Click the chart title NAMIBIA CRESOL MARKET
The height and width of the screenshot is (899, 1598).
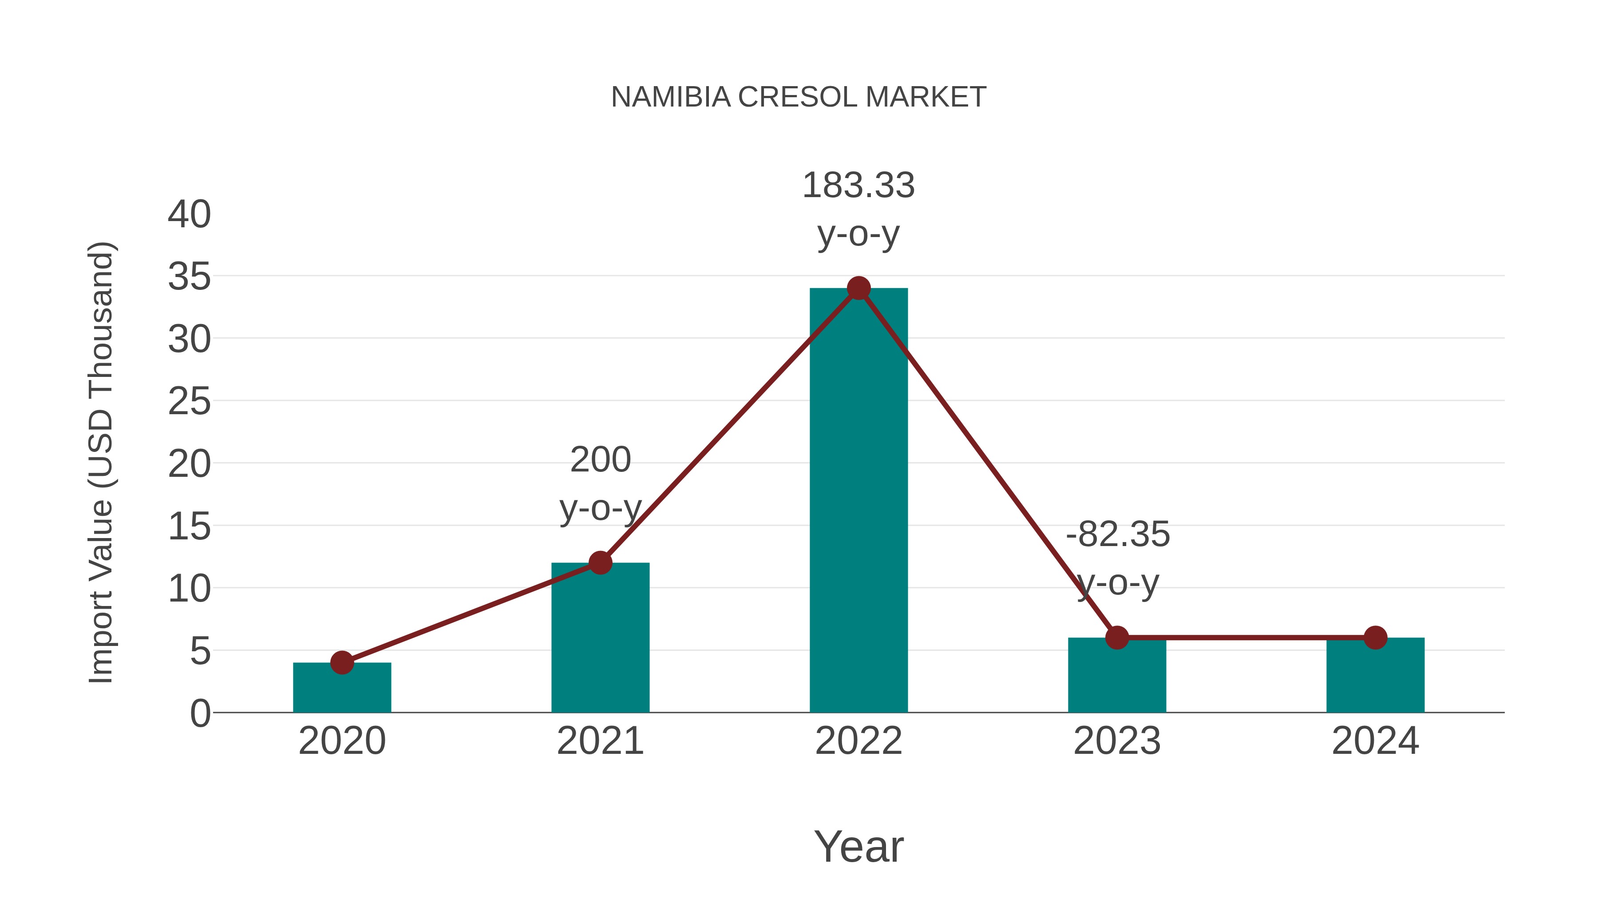pyautogui.click(x=799, y=97)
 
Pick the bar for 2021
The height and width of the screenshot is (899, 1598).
pyautogui.click(x=600, y=639)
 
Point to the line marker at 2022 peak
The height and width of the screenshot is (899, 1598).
pyautogui.click(x=858, y=288)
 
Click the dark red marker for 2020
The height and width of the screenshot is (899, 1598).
pyautogui.click(x=342, y=663)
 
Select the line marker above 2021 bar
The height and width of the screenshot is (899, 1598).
pyautogui.click(x=600, y=563)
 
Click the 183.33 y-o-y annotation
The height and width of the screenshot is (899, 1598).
pyautogui.click(x=858, y=210)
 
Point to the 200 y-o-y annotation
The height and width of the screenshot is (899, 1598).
pyautogui.click(x=600, y=484)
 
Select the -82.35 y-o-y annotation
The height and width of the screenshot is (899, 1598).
pyautogui.click(x=1117, y=558)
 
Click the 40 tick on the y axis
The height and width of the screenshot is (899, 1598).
pyautogui.click(x=189, y=215)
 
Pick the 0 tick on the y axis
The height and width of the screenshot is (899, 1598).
pyautogui.click(x=200, y=713)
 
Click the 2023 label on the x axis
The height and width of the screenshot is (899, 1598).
pyautogui.click(x=1117, y=741)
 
